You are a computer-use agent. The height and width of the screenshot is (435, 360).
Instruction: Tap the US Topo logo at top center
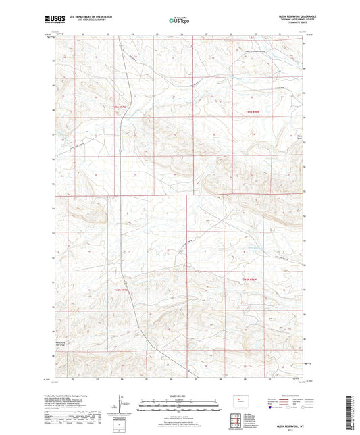tap(178, 21)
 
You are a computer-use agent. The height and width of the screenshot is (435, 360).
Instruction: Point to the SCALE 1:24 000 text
tap(179, 394)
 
